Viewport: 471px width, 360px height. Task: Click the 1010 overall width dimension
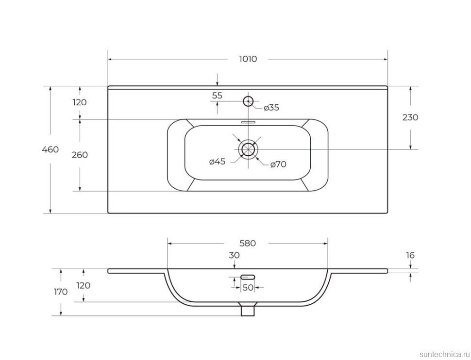tap(248, 59)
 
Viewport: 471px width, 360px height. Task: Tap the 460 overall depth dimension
tap(50, 149)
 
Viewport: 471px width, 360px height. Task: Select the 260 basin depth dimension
tap(80, 155)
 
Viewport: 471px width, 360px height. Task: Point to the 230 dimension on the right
tap(410, 117)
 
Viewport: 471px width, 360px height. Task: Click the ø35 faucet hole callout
tap(271, 108)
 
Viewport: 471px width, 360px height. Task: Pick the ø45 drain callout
tap(217, 162)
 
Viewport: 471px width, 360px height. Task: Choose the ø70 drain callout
tap(278, 164)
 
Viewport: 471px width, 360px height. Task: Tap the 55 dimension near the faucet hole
tap(217, 96)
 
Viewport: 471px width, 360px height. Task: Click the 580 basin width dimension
tap(248, 243)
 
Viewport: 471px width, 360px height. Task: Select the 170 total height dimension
tap(61, 292)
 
